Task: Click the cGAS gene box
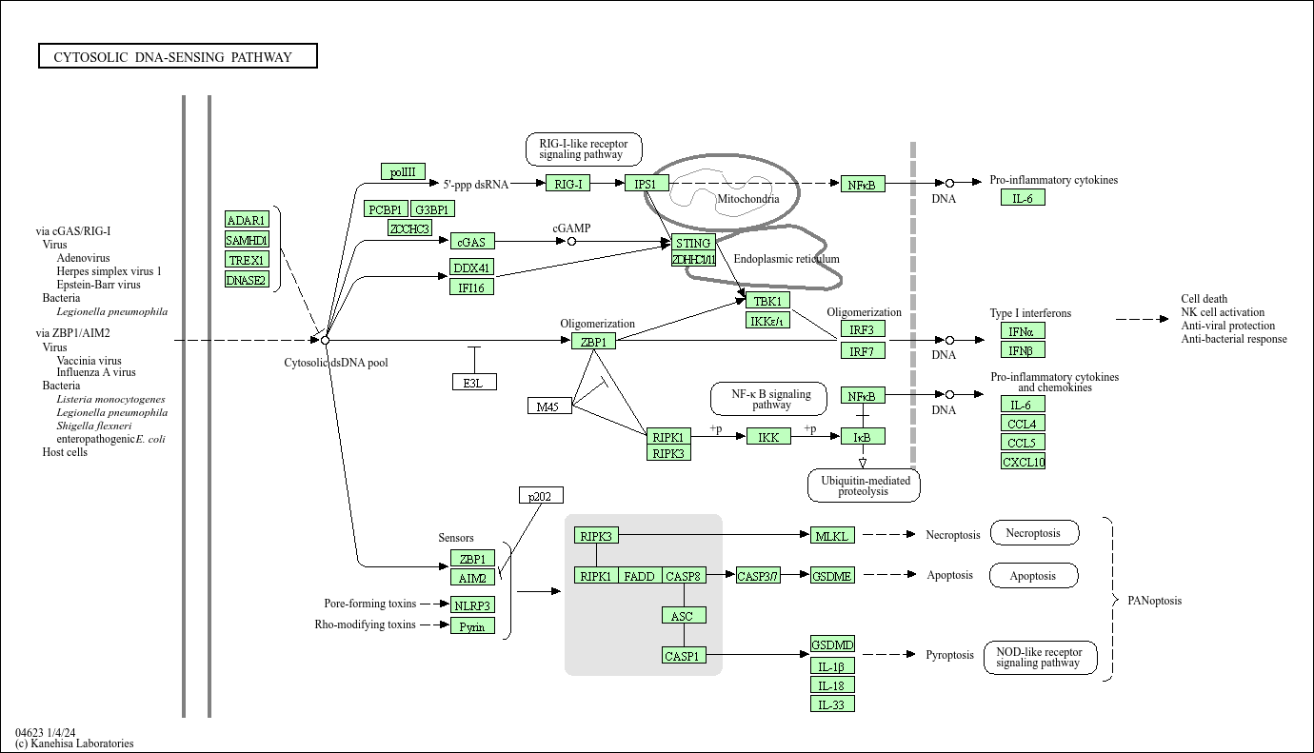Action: point(472,242)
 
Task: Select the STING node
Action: point(693,243)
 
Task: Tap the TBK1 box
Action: point(767,301)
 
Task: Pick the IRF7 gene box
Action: point(863,350)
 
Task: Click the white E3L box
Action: point(473,382)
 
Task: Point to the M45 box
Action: point(549,406)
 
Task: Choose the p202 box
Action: point(541,495)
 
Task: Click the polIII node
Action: point(403,171)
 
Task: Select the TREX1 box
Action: point(247,259)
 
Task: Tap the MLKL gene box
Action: point(833,536)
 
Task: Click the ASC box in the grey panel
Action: point(684,615)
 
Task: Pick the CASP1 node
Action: point(684,655)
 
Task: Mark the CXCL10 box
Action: point(1023,462)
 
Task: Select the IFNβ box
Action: point(1023,350)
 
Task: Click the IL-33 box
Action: point(832,703)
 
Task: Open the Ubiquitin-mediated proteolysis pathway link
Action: point(864,485)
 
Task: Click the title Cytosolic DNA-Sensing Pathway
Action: point(178,56)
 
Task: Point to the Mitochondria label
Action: point(747,199)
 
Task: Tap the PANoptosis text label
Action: point(1154,601)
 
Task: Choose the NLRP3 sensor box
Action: point(472,604)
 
